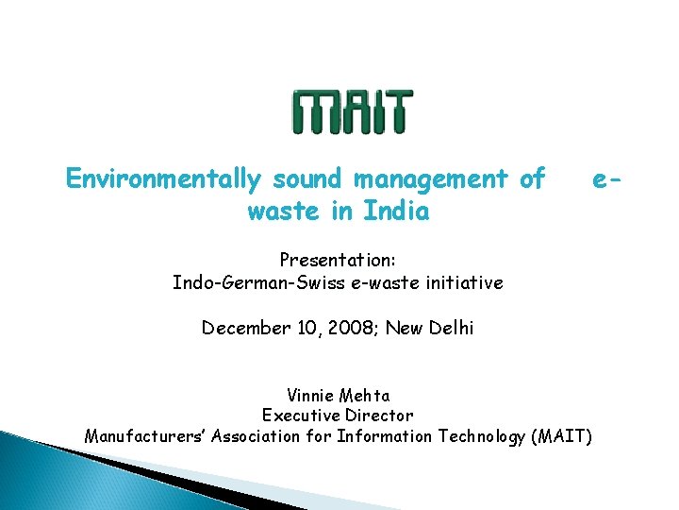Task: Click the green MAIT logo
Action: pos(351,111)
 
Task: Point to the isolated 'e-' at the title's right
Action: pos(604,178)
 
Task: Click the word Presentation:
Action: pos(338,259)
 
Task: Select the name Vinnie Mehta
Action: pos(338,395)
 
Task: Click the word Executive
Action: pos(298,416)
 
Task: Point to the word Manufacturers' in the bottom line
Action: pos(144,436)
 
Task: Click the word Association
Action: pos(257,436)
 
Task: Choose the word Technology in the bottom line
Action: pos(481,436)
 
